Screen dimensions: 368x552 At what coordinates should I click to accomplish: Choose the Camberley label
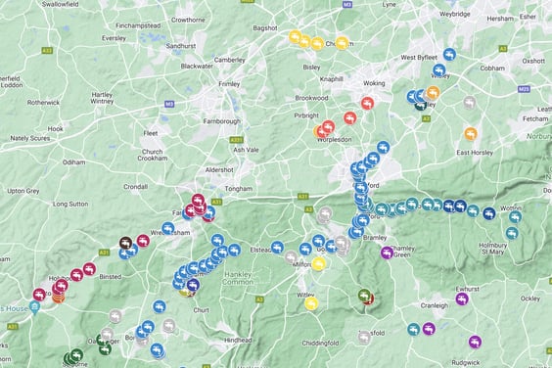228,60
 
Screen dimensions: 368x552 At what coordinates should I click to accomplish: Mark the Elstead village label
260,250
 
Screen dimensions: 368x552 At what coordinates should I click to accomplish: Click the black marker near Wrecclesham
126,243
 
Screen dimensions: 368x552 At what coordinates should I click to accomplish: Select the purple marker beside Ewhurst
462,299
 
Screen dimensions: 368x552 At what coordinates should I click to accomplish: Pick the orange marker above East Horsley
471,133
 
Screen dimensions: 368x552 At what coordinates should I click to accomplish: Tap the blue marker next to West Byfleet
449,56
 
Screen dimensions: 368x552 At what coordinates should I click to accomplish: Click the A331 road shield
236,141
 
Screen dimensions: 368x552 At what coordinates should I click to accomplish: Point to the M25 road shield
526,88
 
